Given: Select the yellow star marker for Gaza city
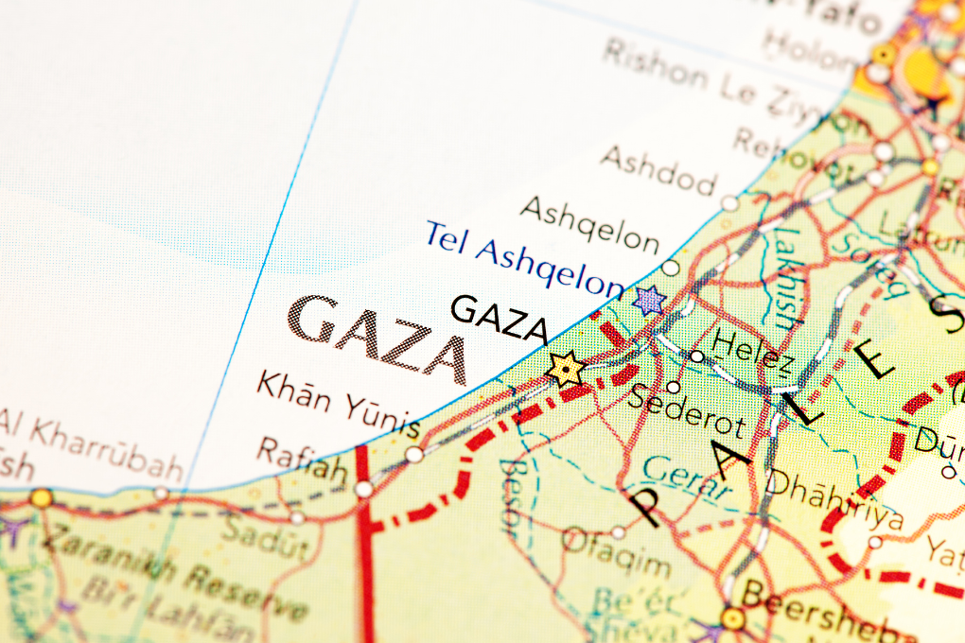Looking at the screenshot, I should point(565,369).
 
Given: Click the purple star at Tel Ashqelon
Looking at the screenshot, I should point(649,301).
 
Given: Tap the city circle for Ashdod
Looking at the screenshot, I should point(729,202).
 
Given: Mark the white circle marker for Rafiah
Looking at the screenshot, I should point(363,489).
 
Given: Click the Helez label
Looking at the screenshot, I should point(752,348).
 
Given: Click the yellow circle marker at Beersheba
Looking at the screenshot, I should point(732,618).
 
